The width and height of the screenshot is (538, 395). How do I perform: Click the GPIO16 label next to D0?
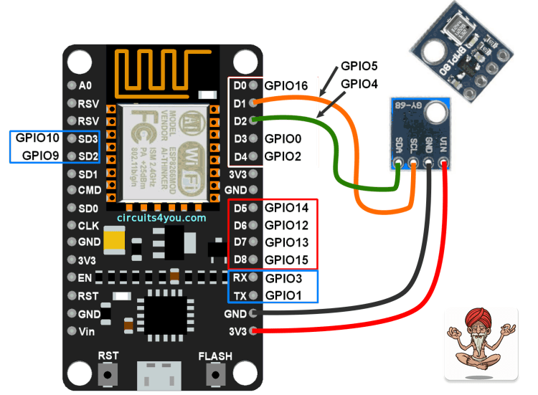pyautogui.click(x=286, y=85)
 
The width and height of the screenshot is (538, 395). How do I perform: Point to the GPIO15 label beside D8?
pyautogui.click(x=286, y=259)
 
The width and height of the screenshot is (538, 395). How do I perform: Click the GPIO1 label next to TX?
pyautogui.click(x=283, y=295)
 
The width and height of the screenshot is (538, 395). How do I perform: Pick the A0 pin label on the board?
pyautogui.click(x=85, y=85)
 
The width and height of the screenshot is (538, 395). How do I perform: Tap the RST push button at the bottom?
pyautogui.click(x=108, y=373)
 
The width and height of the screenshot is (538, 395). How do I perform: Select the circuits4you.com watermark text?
pyautogui.click(x=161, y=217)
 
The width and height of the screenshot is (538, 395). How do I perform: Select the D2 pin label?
pyautogui.click(x=240, y=120)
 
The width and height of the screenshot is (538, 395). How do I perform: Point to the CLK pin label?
pyautogui.click(x=89, y=225)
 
